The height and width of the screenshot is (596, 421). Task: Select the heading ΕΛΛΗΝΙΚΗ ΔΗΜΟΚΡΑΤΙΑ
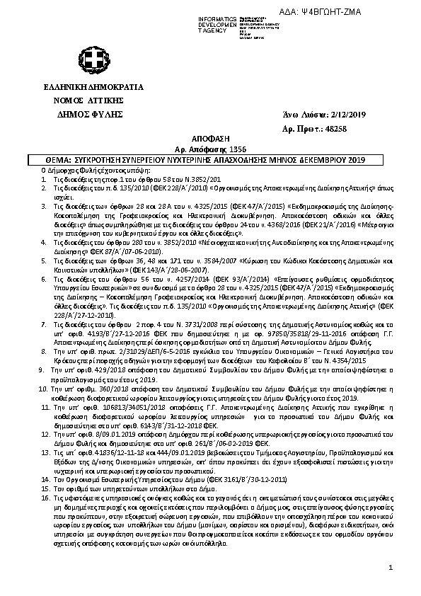[x=93, y=88]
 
